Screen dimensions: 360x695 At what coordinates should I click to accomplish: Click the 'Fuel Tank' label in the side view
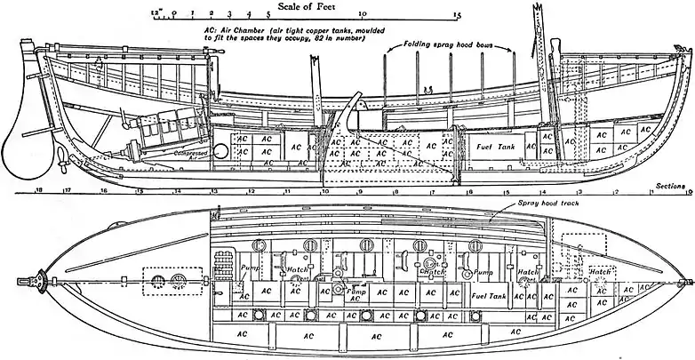(x=495, y=147)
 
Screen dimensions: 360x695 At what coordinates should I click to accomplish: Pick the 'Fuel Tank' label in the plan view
(x=490, y=294)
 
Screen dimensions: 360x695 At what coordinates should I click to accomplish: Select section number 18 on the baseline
(x=38, y=191)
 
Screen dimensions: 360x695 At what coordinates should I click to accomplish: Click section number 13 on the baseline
(x=213, y=191)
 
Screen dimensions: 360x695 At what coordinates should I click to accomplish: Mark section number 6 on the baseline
(x=469, y=191)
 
